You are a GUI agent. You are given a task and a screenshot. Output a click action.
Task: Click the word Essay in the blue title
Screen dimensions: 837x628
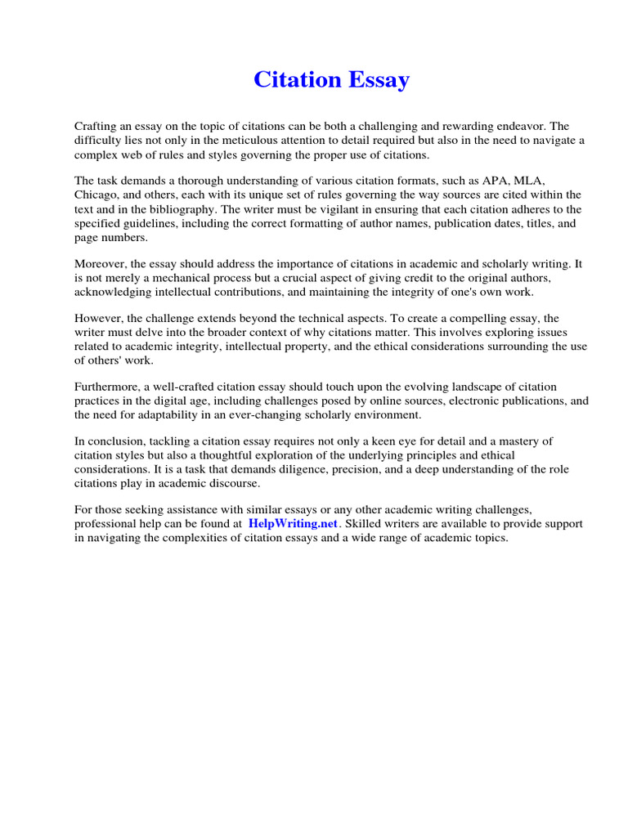click(x=377, y=80)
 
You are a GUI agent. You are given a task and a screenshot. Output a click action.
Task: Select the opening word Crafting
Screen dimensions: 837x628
click(x=96, y=127)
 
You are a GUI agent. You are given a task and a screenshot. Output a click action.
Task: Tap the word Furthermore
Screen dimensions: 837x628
click(x=105, y=387)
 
